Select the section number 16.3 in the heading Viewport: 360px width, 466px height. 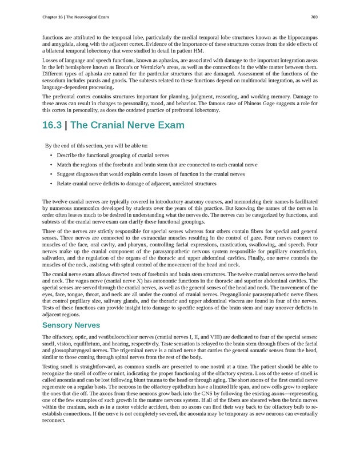pos(53,125)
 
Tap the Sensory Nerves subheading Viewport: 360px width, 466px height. pos(71,325)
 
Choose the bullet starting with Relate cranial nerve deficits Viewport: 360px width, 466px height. pos(137,184)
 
